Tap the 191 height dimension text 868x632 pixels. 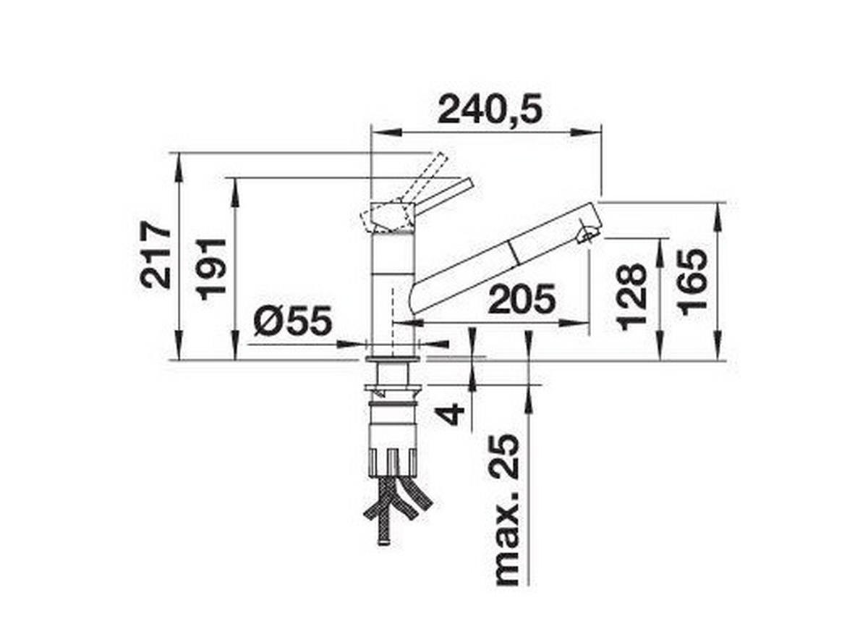pyautogui.click(x=212, y=268)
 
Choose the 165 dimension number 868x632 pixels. pyautogui.click(x=692, y=281)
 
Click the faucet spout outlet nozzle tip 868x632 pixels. pyautogui.click(x=588, y=233)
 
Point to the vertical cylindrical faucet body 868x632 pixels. pyautogui.click(x=392, y=290)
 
